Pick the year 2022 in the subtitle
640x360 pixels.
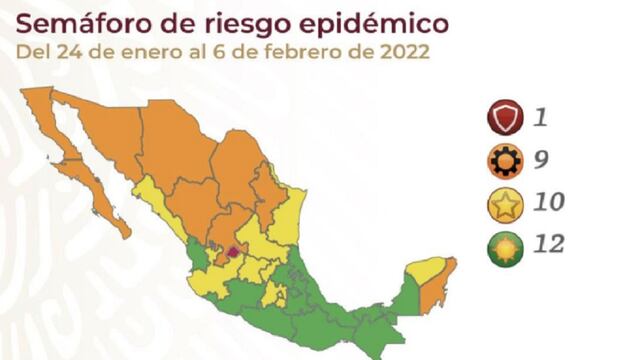click(401, 53)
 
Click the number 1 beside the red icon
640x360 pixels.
click(540, 118)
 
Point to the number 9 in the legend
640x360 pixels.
click(541, 160)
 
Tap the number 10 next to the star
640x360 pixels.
click(549, 203)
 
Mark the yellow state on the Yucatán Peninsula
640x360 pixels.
click(427, 268)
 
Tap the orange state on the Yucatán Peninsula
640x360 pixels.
click(437, 290)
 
